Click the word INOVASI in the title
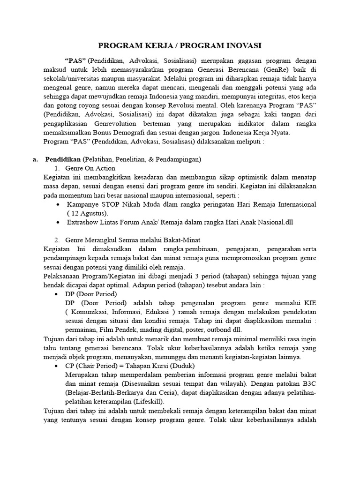coord(239,45)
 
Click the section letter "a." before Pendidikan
coord(36,159)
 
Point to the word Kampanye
coord(82,204)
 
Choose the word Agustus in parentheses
coord(92,213)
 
